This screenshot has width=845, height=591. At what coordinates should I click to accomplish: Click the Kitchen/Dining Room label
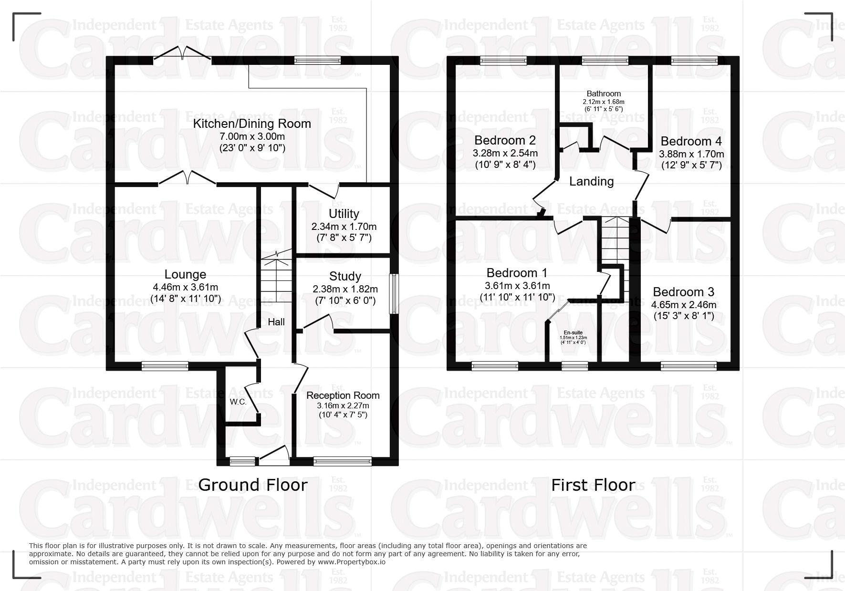tap(251, 124)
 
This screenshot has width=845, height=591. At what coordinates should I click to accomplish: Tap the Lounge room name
tap(185, 274)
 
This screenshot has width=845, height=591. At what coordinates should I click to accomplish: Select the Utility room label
tap(344, 214)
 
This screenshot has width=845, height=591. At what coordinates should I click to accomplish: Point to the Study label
tap(345, 276)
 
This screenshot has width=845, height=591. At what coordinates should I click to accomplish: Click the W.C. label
tap(238, 402)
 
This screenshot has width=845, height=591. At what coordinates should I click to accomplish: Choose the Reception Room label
tap(343, 395)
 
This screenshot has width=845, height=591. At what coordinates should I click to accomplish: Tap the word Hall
tap(276, 322)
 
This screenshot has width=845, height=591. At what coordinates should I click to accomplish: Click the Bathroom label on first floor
tap(604, 94)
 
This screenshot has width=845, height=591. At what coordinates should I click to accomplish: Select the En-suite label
tap(573, 332)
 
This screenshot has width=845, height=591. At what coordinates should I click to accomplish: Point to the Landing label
tap(591, 181)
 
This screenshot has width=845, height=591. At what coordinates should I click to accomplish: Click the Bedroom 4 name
tap(691, 141)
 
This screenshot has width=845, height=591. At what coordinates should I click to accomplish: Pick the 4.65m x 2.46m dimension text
tap(684, 305)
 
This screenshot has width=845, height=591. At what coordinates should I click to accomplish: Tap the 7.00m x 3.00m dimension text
tap(252, 136)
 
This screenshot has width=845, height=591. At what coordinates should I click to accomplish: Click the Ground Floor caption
tap(252, 485)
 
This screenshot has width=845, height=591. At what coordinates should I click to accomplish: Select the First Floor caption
tap(593, 485)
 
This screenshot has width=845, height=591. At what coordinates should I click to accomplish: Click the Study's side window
tap(394, 294)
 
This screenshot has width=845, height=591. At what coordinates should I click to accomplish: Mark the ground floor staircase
tap(276, 279)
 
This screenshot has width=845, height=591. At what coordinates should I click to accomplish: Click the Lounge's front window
tap(165, 366)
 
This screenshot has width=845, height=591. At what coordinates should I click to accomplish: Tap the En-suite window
tap(574, 366)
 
